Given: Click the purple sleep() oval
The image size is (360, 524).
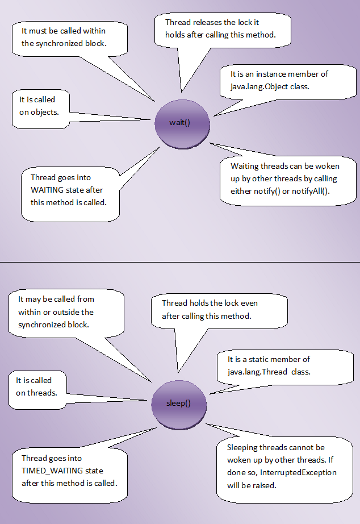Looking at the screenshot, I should click(x=178, y=403).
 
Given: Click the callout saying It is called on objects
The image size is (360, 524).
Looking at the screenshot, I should click(x=37, y=106).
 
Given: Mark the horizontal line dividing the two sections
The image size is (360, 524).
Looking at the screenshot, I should click(x=180, y=263).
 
